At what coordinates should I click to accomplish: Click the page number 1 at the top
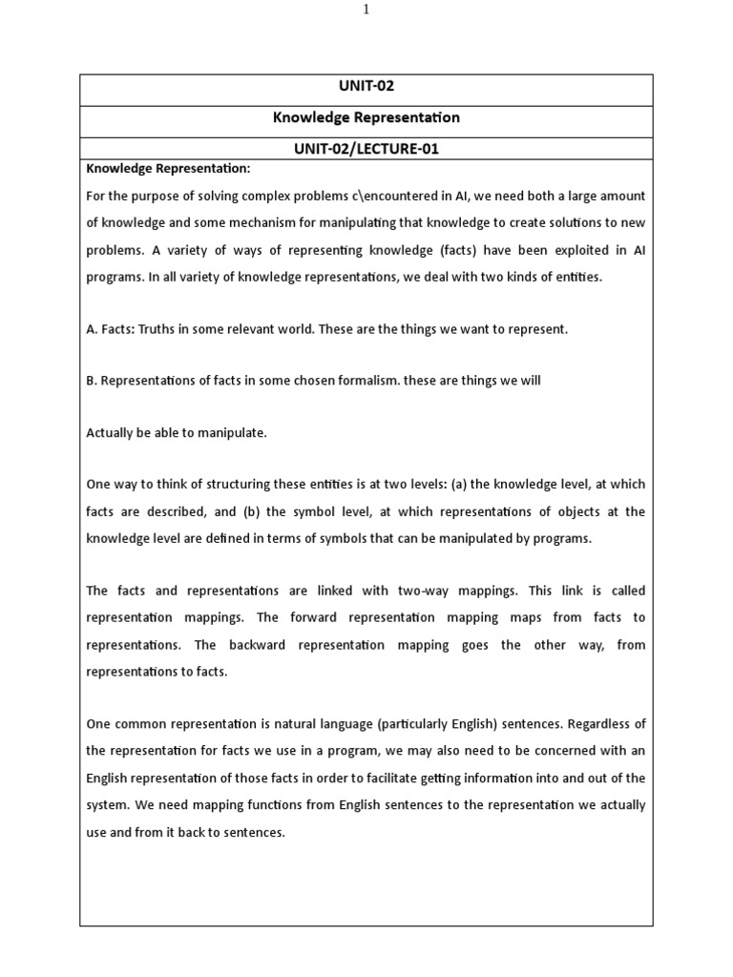[366, 10]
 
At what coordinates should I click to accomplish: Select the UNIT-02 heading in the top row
[366, 86]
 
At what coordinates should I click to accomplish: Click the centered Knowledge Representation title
[366, 117]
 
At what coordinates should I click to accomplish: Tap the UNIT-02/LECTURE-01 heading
[366, 148]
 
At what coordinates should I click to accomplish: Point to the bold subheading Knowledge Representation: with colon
[168, 169]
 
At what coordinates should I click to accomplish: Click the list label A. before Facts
[93, 329]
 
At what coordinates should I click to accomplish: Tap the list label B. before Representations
[92, 380]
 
